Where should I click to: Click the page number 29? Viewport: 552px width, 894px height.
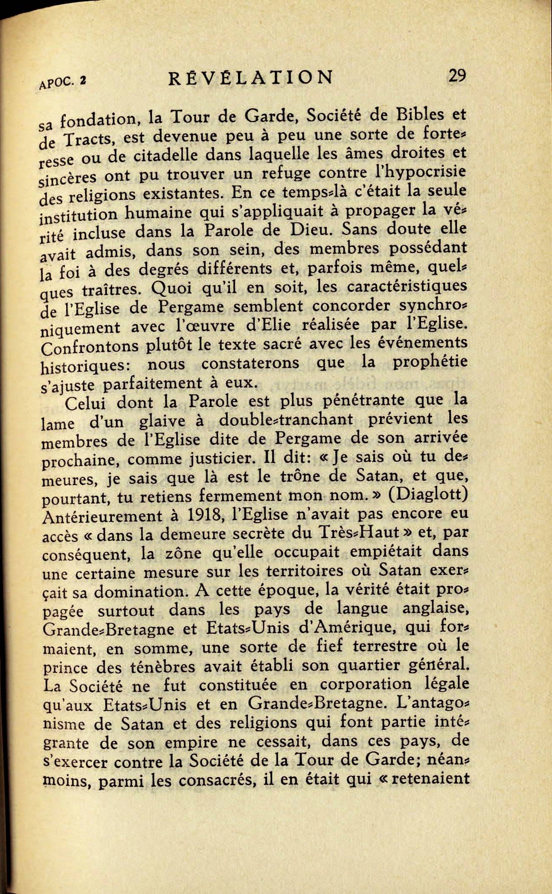click(x=456, y=76)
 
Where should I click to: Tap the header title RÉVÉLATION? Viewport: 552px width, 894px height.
click(x=251, y=78)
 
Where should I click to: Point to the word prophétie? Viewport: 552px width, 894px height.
click(x=430, y=362)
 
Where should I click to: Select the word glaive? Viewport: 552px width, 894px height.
click(x=164, y=421)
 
